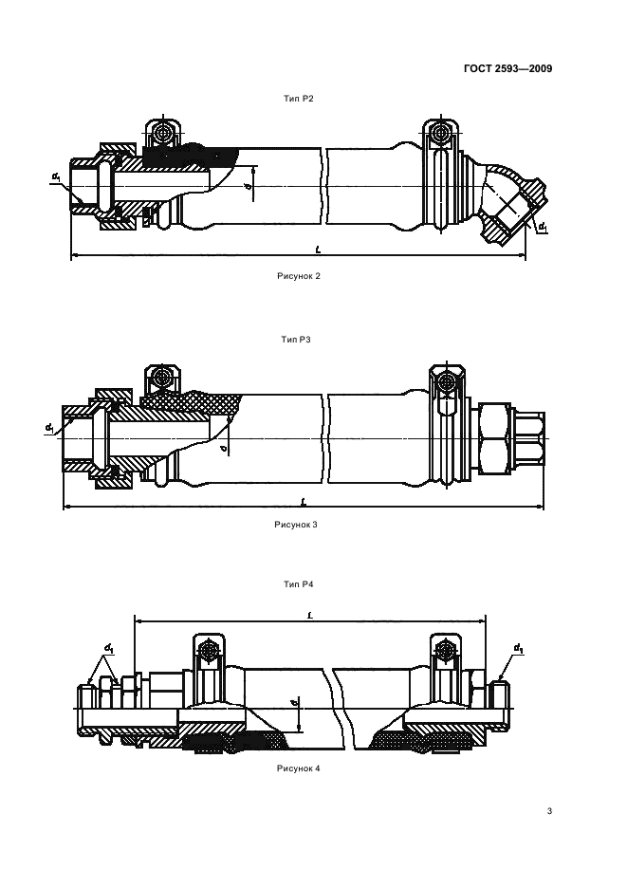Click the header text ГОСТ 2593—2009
508,67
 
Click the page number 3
549,811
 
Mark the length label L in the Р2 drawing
317,249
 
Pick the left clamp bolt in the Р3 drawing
164,377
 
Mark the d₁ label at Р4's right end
518,649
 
